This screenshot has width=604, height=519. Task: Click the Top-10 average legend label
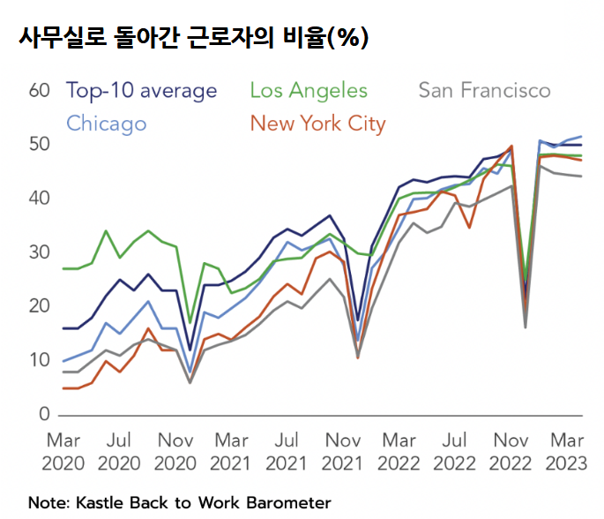tap(141, 90)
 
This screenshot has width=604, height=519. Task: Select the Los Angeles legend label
tap(309, 90)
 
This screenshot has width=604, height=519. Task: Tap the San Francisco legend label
tap(484, 90)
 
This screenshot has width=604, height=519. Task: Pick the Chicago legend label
tap(106, 123)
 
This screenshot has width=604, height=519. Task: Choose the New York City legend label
tap(317, 123)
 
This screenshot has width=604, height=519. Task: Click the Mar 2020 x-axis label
tap(63, 450)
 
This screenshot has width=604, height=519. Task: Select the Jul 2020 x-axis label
tap(120, 450)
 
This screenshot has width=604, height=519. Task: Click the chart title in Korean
tap(190, 37)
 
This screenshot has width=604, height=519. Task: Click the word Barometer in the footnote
tap(288, 502)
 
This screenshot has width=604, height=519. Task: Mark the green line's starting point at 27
tap(63, 268)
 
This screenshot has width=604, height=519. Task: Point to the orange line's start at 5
tap(63, 387)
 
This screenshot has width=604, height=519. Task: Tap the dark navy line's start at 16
tap(63, 328)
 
